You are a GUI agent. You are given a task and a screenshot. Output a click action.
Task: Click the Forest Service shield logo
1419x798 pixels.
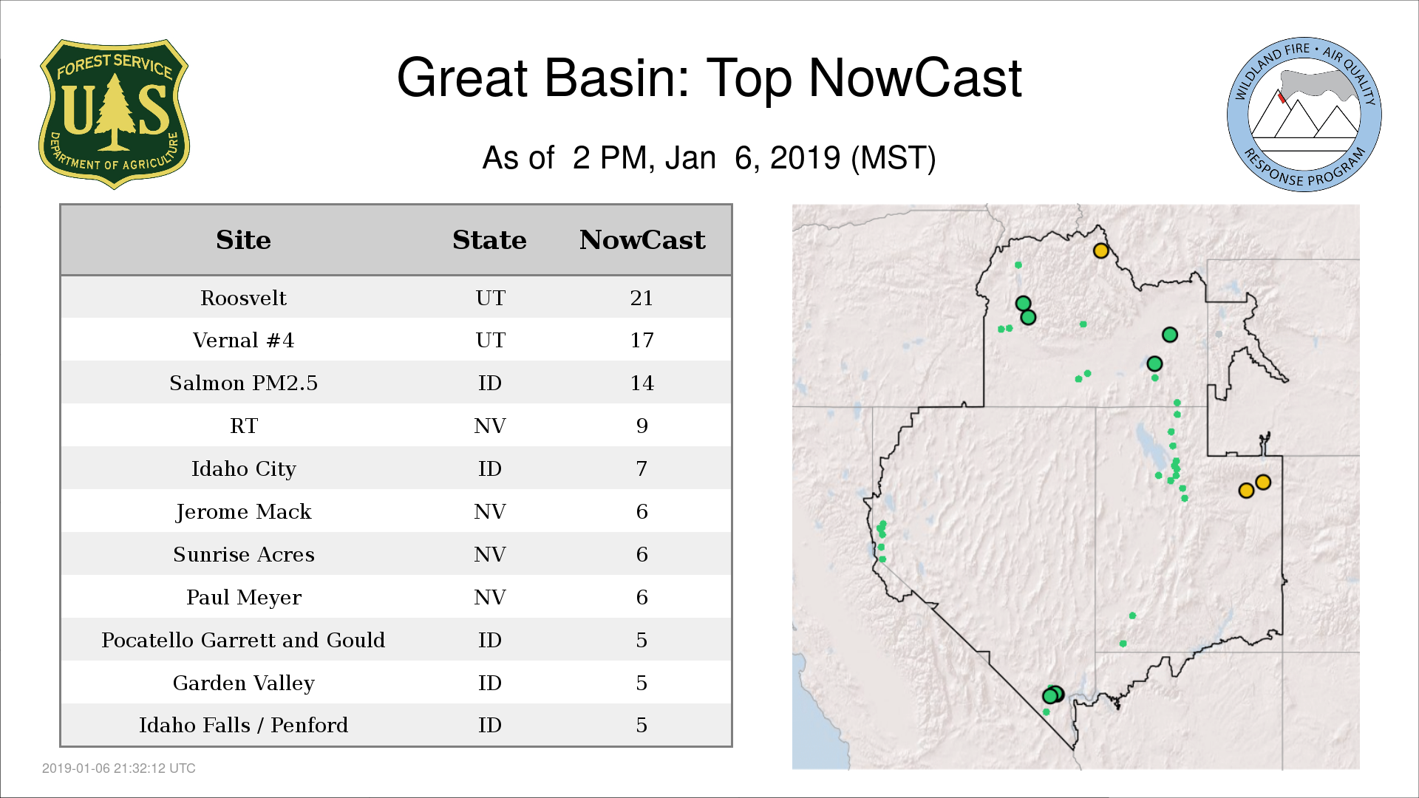click(x=114, y=115)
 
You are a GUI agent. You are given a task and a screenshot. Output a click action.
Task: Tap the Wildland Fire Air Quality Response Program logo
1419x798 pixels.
click(x=1304, y=115)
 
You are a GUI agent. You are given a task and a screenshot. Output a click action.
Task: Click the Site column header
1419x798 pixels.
click(x=243, y=240)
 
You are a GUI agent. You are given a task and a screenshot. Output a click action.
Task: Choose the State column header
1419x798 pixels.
click(x=489, y=240)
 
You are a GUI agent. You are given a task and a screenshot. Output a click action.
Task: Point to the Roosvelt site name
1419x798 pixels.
click(x=243, y=298)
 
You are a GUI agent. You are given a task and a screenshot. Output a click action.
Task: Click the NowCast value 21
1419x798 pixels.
click(x=642, y=298)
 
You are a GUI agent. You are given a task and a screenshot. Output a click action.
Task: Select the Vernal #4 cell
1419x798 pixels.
click(x=243, y=340)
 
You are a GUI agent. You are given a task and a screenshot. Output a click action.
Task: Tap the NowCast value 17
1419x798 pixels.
click(x=642, y=340)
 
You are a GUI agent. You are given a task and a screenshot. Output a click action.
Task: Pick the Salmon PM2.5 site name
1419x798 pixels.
click(x=243, y=383)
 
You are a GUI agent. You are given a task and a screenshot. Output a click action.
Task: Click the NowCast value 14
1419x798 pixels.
click(x=642, y=383)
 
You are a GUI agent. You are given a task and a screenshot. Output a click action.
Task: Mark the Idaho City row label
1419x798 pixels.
click(x=243, y=469)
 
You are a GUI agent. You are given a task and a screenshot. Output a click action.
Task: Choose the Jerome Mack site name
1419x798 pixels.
click(x=243, y=511)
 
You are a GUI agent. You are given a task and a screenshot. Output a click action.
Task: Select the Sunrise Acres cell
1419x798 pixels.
click(x=243, y=554)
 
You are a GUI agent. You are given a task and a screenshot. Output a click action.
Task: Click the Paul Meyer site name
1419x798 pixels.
click(x=243, y=597)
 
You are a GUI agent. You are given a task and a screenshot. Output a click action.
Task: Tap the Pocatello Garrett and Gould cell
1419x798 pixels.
click(x=243, y=640)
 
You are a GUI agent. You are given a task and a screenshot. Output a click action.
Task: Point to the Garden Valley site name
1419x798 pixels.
click(x=243, y=683)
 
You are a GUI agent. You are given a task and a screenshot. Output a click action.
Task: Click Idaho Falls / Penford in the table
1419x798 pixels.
click(x=243, y=725)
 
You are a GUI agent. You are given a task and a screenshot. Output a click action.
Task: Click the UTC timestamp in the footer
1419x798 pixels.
click(x=119, y=768)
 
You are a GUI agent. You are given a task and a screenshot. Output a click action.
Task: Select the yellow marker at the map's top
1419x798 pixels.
click(x=1100, y=250)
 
